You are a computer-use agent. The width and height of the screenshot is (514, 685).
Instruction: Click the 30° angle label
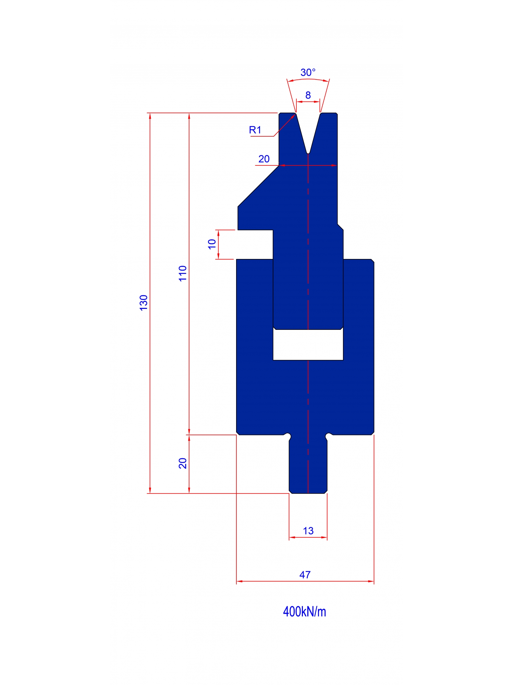coord(308,73)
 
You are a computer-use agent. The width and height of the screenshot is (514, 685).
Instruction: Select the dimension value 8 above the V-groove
coord(308,95)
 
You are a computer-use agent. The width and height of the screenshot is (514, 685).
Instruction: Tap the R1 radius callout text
coord(255,130)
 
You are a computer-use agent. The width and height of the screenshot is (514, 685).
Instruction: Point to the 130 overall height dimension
coord(144,302)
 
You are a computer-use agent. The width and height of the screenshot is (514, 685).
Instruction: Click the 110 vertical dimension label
coord(183,273)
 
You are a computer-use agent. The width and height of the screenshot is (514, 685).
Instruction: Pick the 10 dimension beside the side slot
coord(212,244)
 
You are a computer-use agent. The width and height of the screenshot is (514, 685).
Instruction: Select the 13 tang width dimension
coord(308,531)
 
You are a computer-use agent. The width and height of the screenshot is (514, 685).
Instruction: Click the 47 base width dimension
coord(305,575)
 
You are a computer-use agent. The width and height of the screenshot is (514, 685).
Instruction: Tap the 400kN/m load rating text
coord(304,612)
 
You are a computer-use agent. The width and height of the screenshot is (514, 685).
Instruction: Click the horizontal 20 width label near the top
coord(264,159)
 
